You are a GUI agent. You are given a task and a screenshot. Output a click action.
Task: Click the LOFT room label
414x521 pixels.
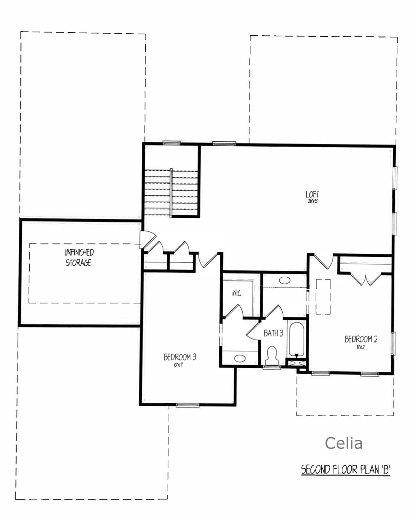tap(312, 195)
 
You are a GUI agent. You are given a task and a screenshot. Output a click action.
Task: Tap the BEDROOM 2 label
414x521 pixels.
tap(361, 339)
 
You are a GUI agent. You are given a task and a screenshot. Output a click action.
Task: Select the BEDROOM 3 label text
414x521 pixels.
tap(180, 357)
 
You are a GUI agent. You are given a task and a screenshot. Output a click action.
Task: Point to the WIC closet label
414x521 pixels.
tap(237, 293)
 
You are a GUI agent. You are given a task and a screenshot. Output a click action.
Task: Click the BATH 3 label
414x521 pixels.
tap(273, 333)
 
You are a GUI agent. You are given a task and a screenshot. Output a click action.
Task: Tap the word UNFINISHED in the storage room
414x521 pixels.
tap(79, 252)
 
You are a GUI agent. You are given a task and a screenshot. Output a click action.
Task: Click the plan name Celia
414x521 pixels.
tap(343, 443)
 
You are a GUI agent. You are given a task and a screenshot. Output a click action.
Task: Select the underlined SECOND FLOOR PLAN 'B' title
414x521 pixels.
tap(345, 470)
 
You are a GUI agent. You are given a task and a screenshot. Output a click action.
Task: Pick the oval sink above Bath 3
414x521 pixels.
tap(284, 280)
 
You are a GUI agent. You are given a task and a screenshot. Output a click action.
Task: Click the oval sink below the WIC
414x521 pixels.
tap(240, 358)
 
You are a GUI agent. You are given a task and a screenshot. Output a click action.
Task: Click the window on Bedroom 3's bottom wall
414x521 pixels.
tap(188, 405)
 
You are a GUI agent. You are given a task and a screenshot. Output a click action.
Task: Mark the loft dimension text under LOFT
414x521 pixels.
tap(312, 201)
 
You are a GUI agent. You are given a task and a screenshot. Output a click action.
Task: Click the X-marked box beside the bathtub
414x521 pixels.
tap(296, 362)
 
